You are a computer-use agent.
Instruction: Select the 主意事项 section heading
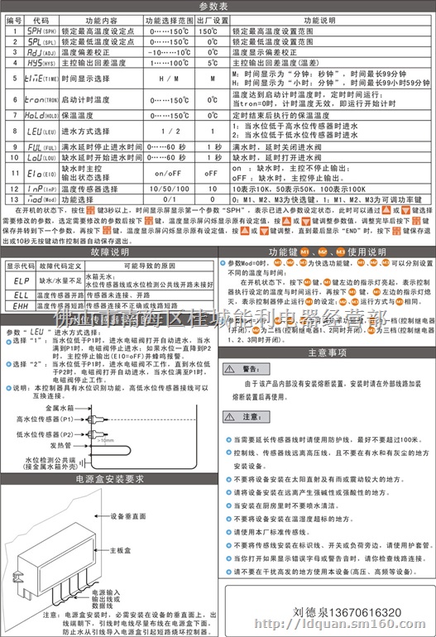click(x=325, y=352)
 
